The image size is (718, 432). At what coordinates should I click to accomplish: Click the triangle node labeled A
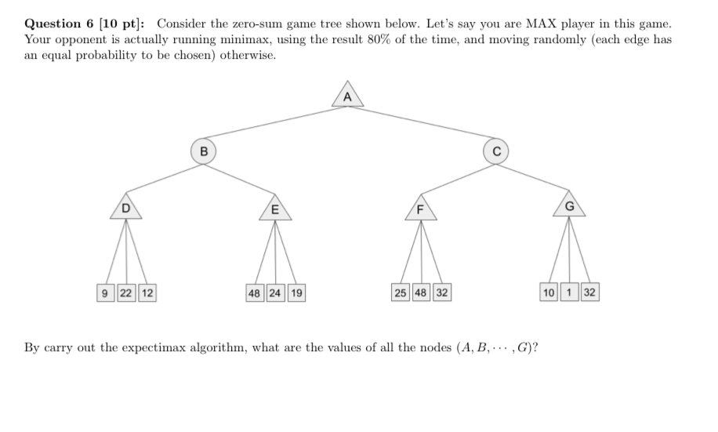tap(348, 98)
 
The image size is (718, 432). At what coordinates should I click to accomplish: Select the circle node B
tap(203, 151)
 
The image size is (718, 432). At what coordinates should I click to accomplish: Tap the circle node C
tap(496, 151)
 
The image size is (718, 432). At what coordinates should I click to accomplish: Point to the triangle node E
tap(274, 209)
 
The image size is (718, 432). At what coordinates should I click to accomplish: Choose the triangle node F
tap(420, 209)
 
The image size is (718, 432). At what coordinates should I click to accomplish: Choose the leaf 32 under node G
tap(589, 293)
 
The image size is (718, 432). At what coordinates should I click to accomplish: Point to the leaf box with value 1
tap(570, 293)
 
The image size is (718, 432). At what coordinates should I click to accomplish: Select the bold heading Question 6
tap(59, 24)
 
